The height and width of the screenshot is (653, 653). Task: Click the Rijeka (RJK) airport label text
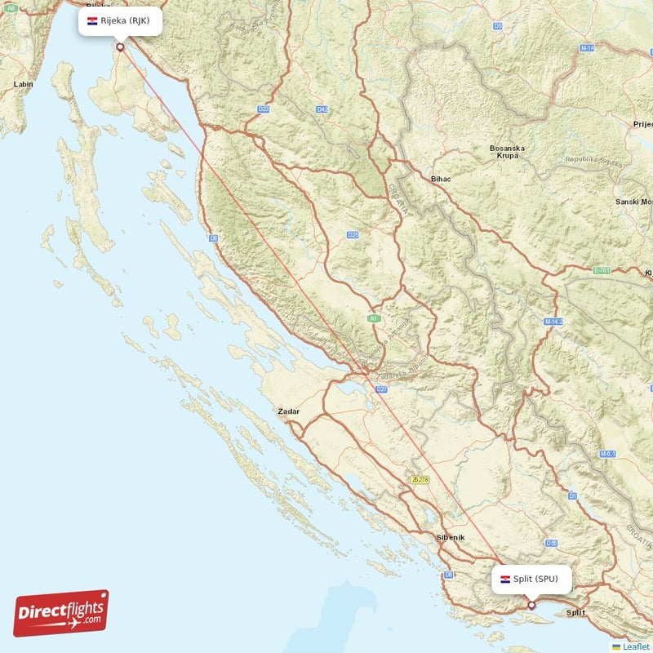126,20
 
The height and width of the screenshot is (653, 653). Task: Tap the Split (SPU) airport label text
536,579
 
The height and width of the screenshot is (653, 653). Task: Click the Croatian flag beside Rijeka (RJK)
92,20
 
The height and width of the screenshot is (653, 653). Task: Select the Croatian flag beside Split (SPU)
505,579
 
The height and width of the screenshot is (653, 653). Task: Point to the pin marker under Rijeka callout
121,47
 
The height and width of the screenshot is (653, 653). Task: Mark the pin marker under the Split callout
531,605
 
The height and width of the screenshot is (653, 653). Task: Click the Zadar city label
288,411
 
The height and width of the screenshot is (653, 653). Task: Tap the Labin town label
23,84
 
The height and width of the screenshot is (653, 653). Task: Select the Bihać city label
441,178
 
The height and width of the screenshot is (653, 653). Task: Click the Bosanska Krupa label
507,152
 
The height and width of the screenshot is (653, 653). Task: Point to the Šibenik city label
450,537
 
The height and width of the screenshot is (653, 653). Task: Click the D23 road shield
263,109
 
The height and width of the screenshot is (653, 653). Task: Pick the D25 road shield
353,235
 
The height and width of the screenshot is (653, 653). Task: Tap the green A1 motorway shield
374,318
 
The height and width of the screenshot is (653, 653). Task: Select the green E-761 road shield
602,269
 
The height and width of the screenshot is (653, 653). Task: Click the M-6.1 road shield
606,454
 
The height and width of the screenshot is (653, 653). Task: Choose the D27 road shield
381,390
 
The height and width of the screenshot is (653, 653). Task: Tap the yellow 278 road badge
420,480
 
